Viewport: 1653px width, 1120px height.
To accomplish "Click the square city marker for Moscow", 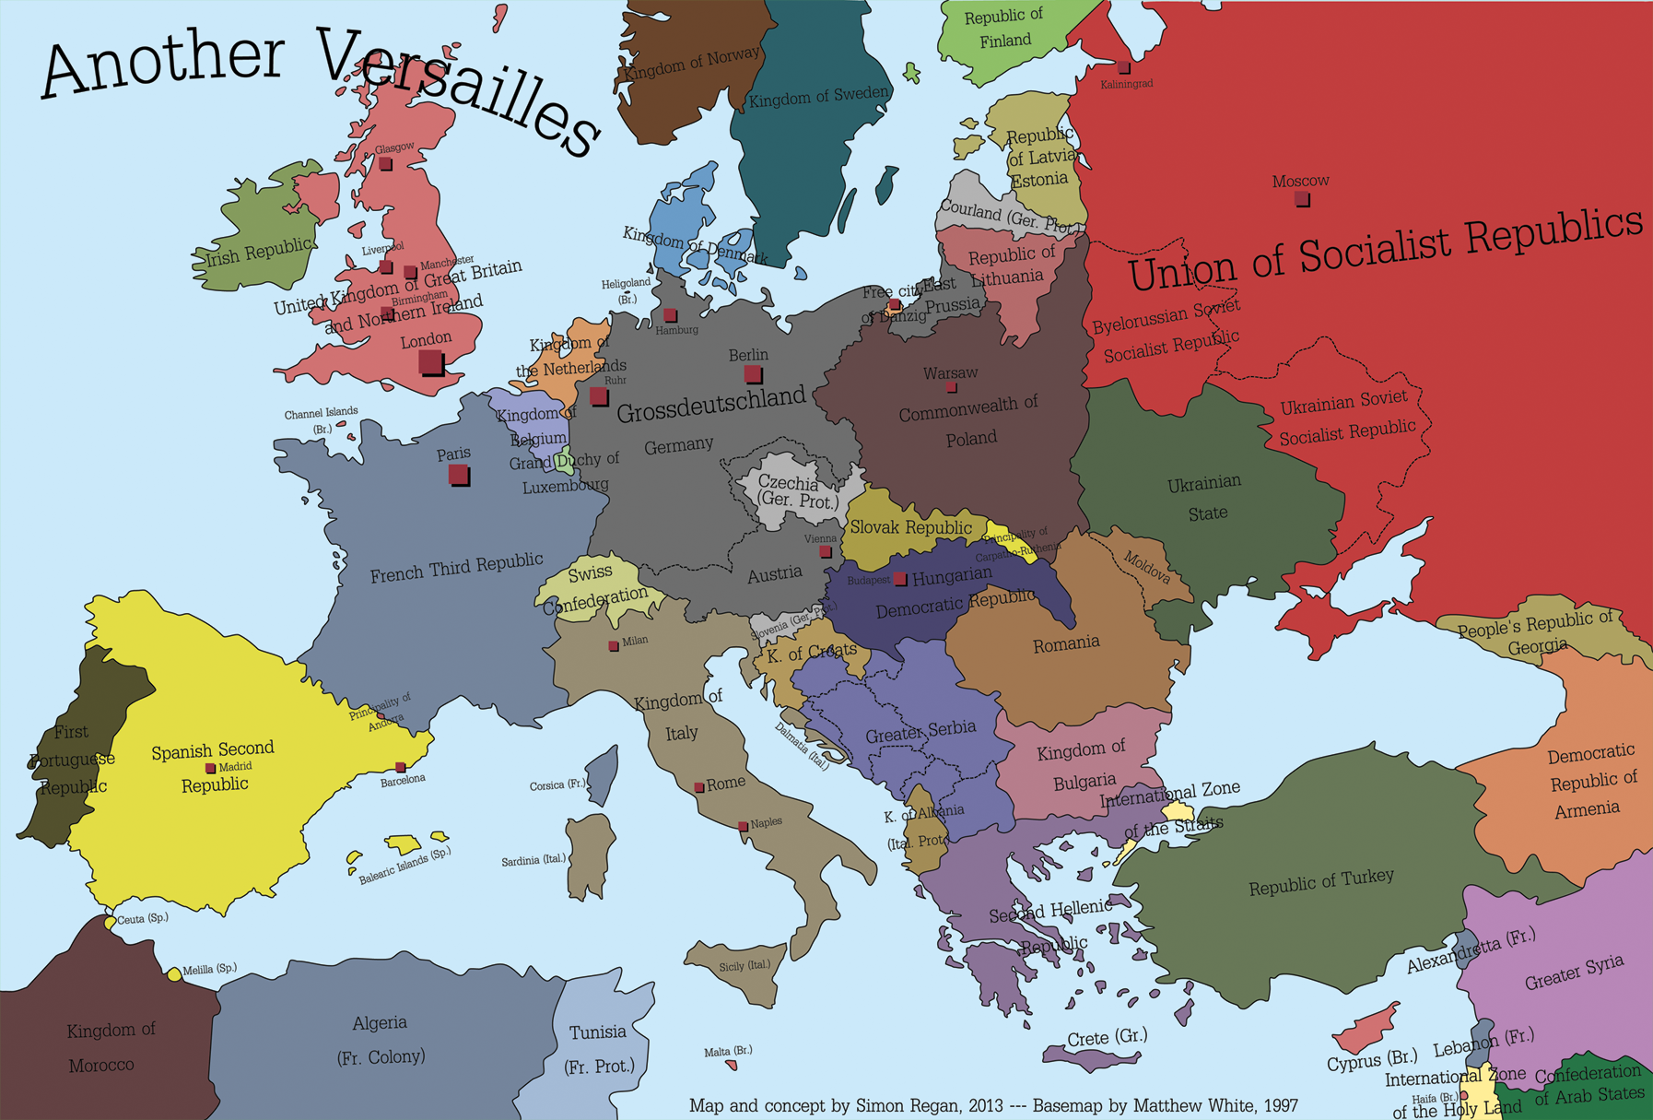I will coord(1301,198).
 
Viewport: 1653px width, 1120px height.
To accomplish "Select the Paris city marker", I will coord(458,475).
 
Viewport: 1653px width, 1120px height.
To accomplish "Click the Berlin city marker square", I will coord(753,373).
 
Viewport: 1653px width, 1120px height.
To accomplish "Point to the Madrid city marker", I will coord(210,768).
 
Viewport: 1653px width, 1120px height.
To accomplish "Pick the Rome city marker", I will coord(699,787).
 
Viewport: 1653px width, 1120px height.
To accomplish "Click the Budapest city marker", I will coord(900,580).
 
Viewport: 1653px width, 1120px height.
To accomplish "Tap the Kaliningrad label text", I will coord(1126,84).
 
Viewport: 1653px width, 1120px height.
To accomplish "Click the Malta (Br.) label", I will coord(728,1051).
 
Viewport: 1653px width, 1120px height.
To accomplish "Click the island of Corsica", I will coord(602,774).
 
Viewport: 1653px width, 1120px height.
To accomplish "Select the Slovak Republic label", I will coord(910,527).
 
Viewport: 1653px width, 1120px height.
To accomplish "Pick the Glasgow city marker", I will coord(385,164).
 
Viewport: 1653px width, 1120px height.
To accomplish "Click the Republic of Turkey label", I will coord(1320,882).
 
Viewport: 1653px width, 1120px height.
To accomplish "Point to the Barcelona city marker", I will coord(401,767).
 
